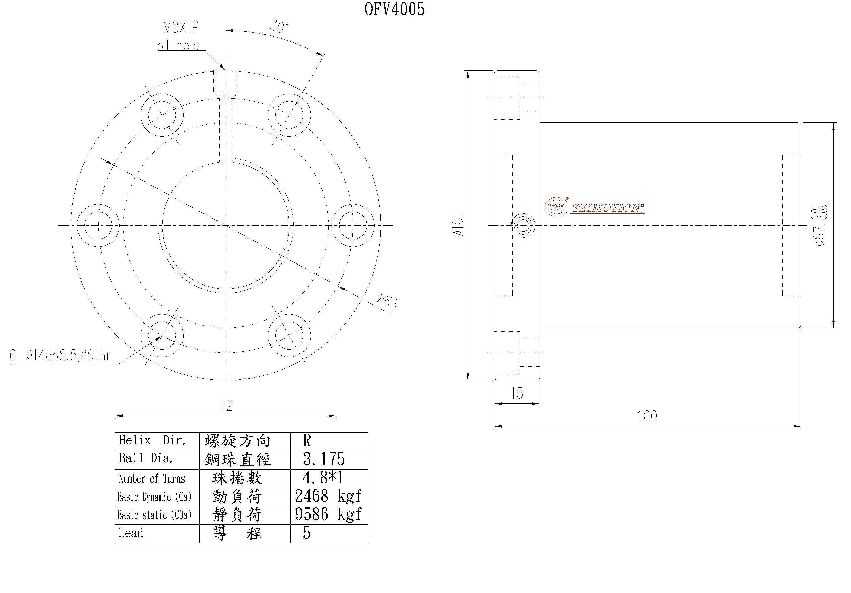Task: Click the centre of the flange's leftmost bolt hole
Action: click(98, 225)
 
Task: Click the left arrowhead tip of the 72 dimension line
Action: click(116, 416)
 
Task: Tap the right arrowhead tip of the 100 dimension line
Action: click(801, 426)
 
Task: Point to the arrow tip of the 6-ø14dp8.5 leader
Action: click(162, 336)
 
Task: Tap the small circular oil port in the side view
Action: click(523, 225)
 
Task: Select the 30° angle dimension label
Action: click(279, 27)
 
